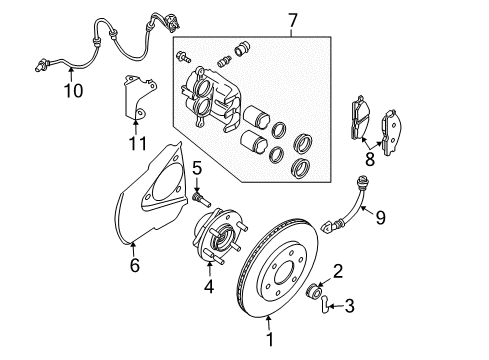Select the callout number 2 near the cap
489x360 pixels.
click(x=339, y=269)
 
